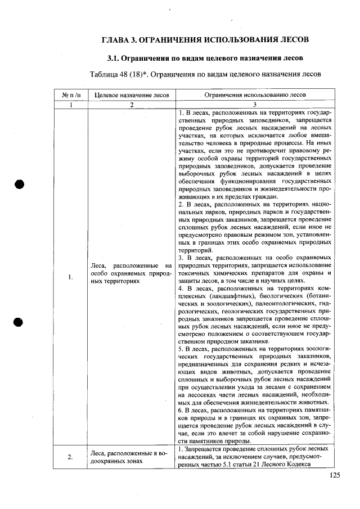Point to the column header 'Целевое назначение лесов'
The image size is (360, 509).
coord(130,95)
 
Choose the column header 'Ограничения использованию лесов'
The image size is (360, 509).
coord(255,95)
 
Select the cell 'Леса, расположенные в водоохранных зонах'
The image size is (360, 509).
coord(130,456)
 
